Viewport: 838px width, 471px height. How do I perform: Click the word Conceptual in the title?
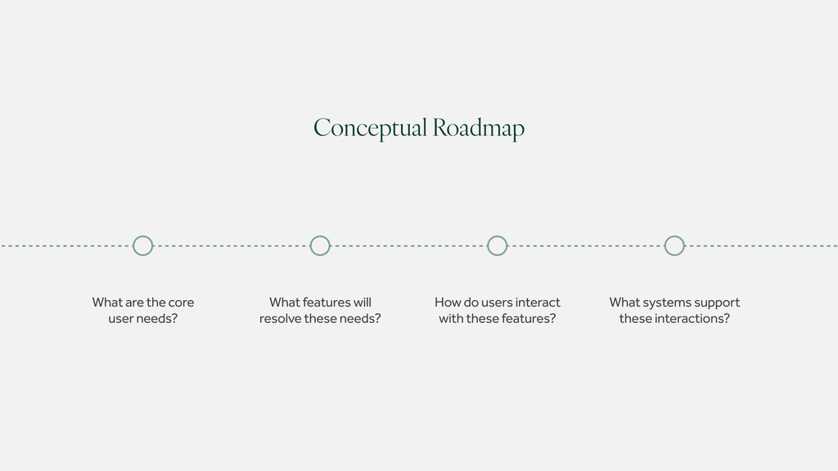click(371, 128)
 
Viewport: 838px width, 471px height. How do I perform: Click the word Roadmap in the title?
click(479, 128)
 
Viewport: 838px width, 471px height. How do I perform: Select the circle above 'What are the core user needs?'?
click(142, 245)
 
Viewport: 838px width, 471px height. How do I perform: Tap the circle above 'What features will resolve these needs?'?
click(320, 245)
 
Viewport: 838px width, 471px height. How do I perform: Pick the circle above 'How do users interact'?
click(497, 245)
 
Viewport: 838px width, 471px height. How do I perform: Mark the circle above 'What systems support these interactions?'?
click(674, 245)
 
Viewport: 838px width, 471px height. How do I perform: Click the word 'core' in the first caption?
click(181, 303)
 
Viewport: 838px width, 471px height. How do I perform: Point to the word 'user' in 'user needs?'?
click(121, 318)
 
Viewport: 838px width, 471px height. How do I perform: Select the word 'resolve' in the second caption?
click(280, 318)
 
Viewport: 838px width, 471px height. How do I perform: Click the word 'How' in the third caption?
click(448, 303)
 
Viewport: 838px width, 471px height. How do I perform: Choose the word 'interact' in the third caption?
click(538, 303)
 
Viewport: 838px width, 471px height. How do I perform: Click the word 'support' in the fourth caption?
click(718, 303)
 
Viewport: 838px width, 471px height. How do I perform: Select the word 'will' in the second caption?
click(362, 303)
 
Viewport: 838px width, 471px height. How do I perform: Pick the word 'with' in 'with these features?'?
click(450, 318)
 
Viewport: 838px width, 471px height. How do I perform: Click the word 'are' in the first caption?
click(133, 303)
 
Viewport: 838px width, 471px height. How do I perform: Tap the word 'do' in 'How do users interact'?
click(471, 303)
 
